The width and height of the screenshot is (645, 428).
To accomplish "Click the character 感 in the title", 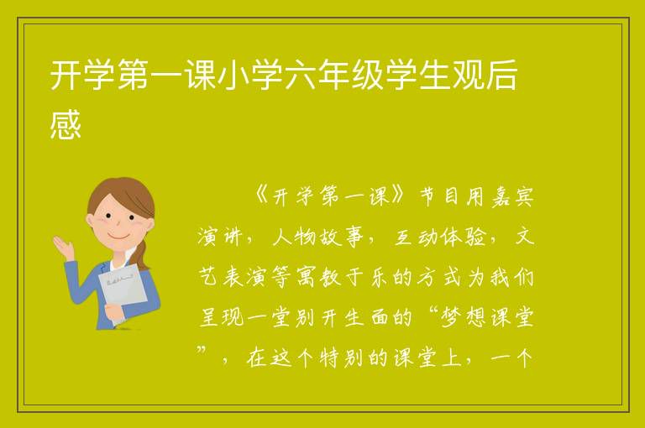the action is click(x=66, y=124).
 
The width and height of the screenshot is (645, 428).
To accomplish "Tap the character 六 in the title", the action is click(x=300, y=75).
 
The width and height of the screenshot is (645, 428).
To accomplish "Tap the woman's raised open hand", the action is click(x=63, y=246).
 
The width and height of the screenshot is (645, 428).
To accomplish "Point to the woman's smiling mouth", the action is click(x=119, y=236).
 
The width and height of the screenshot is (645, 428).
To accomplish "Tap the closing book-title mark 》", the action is click(x=398, y=196).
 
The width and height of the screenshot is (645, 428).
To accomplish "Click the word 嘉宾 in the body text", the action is click(x=512, y=197).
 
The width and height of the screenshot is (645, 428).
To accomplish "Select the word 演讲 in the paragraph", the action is click(x=219, y=237).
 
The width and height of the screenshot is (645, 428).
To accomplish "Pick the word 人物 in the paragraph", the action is click(x=294, y=237).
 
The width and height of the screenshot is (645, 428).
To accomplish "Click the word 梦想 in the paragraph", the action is click(x=464, y=318).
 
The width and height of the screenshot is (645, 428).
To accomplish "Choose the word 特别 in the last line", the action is click(x=341, y=358).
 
